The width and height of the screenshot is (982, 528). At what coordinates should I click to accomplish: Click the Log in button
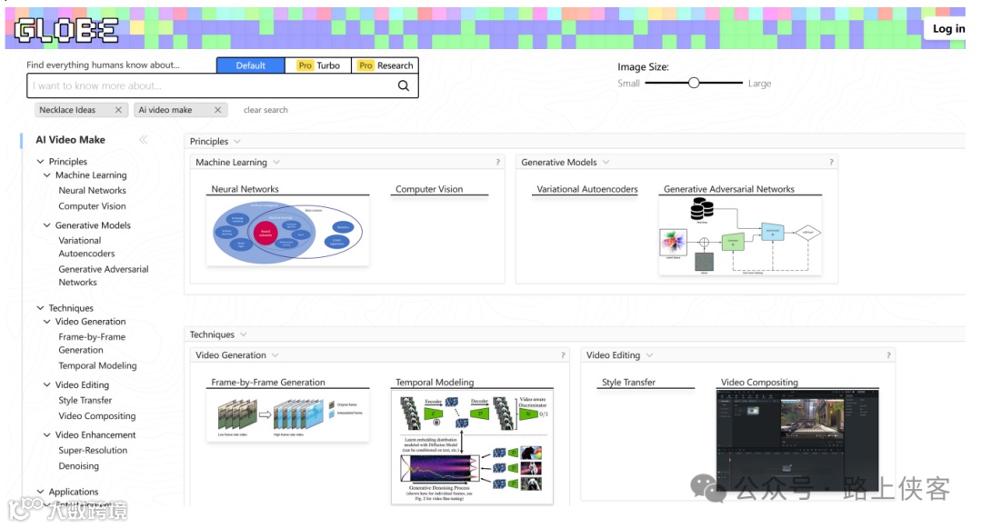[x=947, y=29]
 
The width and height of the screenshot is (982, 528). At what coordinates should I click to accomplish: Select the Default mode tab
[x=250, y=65]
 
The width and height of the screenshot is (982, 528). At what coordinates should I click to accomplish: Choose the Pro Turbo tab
[x=317, y=65]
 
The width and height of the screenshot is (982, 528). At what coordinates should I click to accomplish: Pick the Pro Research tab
[x=385, y=65]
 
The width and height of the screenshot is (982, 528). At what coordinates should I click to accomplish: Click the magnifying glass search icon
[x=404, y=86]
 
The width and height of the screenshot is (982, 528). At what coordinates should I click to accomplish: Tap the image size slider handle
[x=694, y=83]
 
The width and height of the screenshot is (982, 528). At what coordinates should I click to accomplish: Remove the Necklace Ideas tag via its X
[x=118, y=110]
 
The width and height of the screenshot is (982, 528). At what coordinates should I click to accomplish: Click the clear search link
[x=266, y=110]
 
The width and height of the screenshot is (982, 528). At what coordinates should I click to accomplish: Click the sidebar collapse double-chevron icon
[x=143, y=140]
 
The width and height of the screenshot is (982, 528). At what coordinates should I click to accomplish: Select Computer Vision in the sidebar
[x=92, y=206]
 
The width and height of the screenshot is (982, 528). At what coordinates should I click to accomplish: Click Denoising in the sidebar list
[x=78, y=466]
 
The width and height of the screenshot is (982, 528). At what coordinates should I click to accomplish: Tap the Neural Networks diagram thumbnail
[x=287, y=232]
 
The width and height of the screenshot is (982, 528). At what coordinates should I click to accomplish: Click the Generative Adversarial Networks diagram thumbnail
[x=740, y=235]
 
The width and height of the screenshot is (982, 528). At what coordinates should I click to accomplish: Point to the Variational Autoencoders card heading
[x=586, y=189]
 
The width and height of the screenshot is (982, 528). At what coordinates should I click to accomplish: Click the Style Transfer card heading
[x=628, y=383]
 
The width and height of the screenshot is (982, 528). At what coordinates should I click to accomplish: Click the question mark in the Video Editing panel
[x=888, y=355]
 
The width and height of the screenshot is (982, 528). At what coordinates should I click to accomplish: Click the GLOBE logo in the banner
[x=66, y=30]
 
